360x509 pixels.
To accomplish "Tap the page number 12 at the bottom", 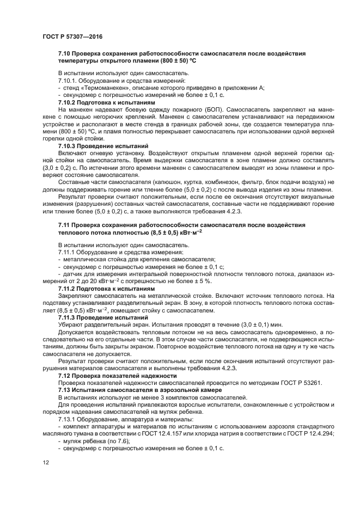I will (45, 462).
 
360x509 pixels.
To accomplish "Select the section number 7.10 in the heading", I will (65, 54).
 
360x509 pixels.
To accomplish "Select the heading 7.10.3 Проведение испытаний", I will (103, 146).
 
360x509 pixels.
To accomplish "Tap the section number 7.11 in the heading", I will (65, 225).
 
